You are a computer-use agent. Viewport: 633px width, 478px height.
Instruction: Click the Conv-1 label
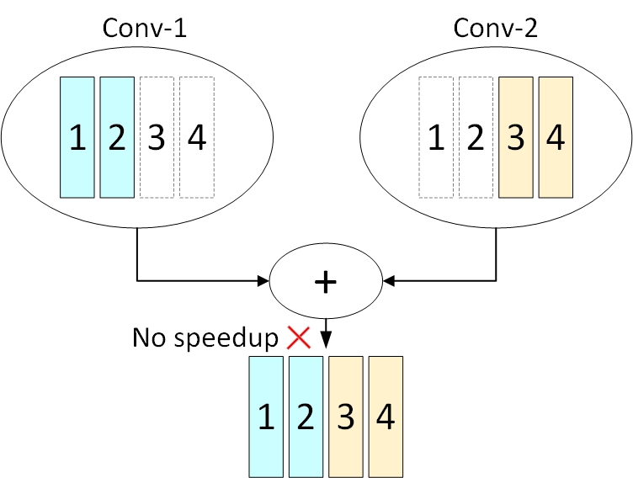click(144, 27)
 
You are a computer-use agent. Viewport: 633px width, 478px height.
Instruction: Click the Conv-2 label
click(496, 27)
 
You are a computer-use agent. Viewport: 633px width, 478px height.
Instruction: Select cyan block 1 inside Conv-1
click(77, 137)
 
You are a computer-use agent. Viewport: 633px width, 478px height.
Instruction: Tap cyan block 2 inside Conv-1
click(117, 137)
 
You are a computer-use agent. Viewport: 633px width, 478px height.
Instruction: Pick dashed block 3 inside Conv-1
click(157, 137)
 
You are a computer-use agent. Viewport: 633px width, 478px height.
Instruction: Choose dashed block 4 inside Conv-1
click(197, 137)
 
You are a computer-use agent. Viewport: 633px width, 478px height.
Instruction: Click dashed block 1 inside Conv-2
click(436, 137)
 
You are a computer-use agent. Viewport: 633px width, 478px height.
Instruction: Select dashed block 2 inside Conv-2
click(476, 137)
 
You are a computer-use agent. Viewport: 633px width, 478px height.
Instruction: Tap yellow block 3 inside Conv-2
click(515, 137)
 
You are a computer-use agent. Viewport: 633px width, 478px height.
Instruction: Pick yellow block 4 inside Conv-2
click(555, 137)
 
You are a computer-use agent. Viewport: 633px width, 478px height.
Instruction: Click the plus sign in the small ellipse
click(325, 282)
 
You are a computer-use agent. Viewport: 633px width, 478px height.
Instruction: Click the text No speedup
click(205, 338)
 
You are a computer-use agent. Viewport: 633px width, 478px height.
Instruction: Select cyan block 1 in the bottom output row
click(266, 416)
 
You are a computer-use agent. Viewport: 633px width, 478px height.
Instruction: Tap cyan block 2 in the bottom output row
click(306, 416)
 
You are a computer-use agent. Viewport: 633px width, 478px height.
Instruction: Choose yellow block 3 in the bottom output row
click(346, 416)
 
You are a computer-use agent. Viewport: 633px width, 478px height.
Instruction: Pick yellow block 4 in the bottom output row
click(386, 416)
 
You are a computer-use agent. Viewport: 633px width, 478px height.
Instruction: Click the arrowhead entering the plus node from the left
click(262, 281)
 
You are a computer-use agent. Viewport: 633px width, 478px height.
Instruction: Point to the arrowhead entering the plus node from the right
click(389, 281)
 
